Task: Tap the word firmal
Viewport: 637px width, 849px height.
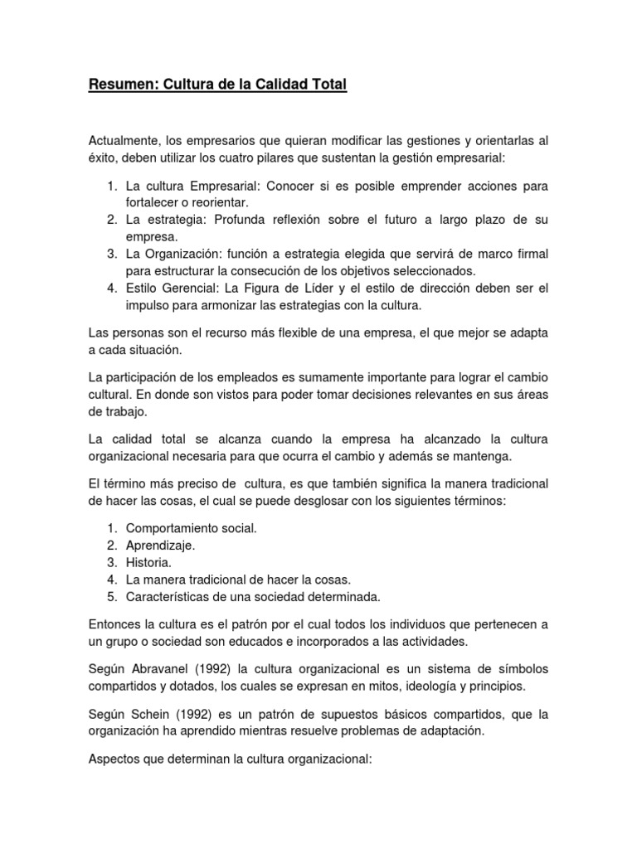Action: click(527, 254)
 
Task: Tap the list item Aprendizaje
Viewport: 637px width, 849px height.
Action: click(161, 546)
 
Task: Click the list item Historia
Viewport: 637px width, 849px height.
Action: click(148, 562)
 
